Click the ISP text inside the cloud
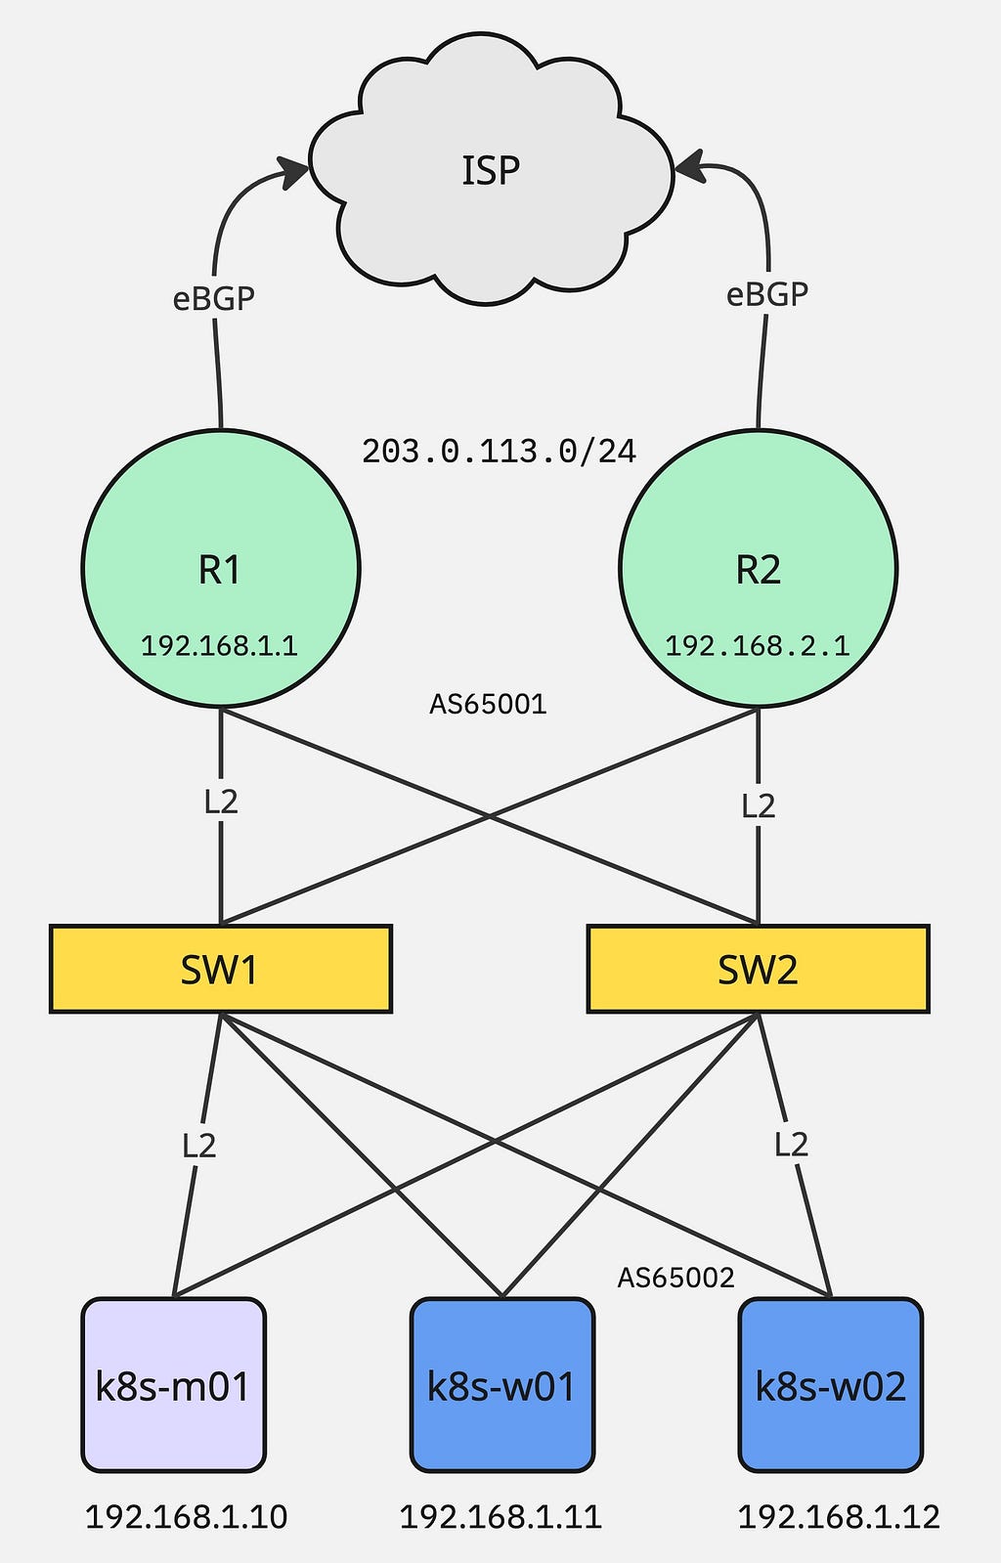491,171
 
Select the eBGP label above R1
213,298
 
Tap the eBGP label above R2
766,294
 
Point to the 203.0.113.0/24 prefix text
499,451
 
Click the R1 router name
220,569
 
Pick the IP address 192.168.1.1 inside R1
219,645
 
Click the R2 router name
758,569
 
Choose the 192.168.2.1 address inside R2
757,645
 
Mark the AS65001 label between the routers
488,704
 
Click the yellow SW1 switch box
220,969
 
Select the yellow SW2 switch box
758,969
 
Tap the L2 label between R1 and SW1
221,802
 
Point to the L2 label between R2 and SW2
758,805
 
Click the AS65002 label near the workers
675,1277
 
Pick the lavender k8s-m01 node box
173,1385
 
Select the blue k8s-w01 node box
501,1385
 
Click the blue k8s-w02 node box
830,1385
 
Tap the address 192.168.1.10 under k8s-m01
186,1516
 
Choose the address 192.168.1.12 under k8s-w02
838,1516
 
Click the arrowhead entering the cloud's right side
689,167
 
